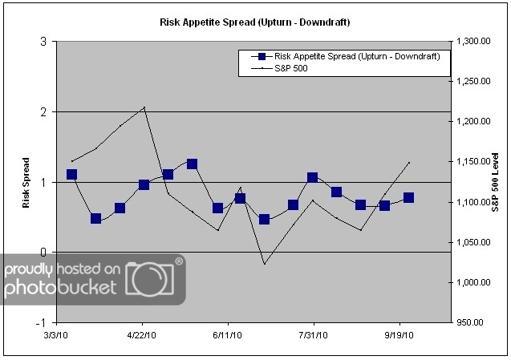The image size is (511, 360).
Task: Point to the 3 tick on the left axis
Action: [x=43, y=42]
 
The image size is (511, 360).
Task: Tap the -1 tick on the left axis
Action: [x=41, y=322]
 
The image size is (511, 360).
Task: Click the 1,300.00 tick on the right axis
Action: [x=472, y=42]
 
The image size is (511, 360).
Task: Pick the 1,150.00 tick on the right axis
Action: [x=472, y=162]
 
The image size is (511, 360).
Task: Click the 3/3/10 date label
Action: [x=56, y=334]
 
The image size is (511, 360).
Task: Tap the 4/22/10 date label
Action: [x=142, y=334]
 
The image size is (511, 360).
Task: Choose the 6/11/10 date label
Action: [x=228, y=334]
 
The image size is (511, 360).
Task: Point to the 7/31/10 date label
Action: [x=314, y=334]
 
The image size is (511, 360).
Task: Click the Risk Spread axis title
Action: [x=26, y=182]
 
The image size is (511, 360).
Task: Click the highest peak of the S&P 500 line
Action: [x=144, y=107]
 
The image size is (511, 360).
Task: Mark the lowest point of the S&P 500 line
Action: [x=264, y=263]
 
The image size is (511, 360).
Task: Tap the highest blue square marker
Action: [x=192, y=164]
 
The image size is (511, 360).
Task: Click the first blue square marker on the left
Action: [x=71, y=174]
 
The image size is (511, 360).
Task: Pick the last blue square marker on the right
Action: [x=408, y=197]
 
